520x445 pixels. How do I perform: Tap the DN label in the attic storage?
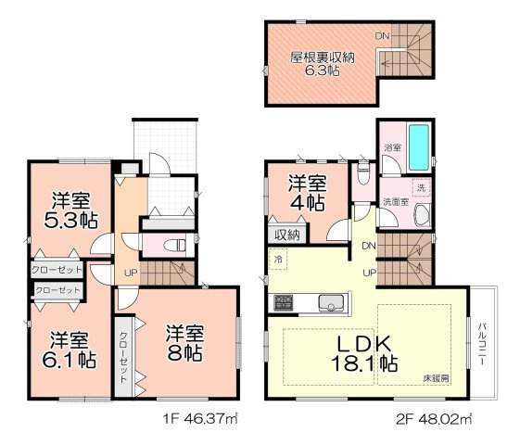point(381,36)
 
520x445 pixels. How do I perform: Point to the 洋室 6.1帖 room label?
point(70,348)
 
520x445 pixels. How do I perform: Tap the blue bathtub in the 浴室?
point(420,145)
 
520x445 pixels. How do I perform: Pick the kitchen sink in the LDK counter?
point(331,302)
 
